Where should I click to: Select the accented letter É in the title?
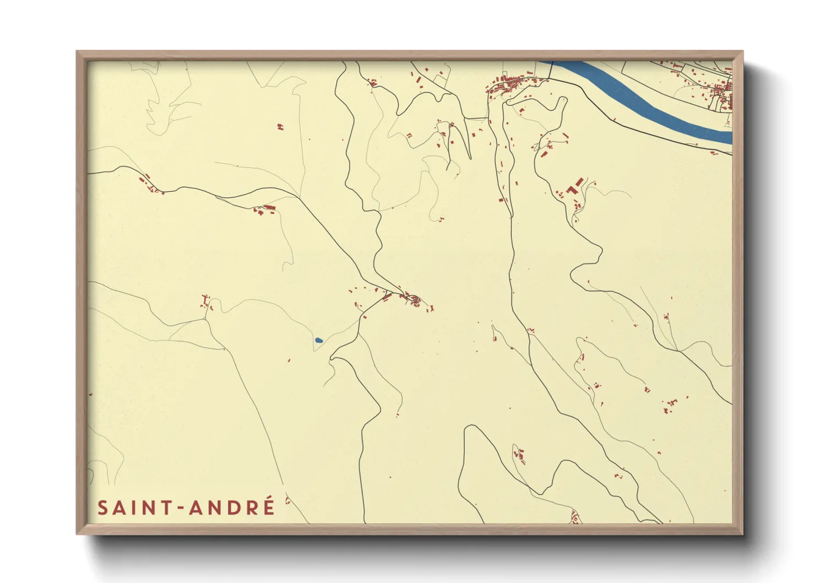pos(268,506)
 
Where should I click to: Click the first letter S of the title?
pos(102,508)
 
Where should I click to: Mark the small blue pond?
pos(318,341)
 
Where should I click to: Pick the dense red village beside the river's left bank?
pos(512,85)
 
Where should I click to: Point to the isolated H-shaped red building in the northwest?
pos(280,127)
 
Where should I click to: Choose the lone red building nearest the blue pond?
pos(289,360)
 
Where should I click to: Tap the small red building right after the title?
pos(287,500)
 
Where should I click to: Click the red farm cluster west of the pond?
pos(206,301)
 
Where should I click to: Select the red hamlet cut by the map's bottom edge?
pos(575,518)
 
